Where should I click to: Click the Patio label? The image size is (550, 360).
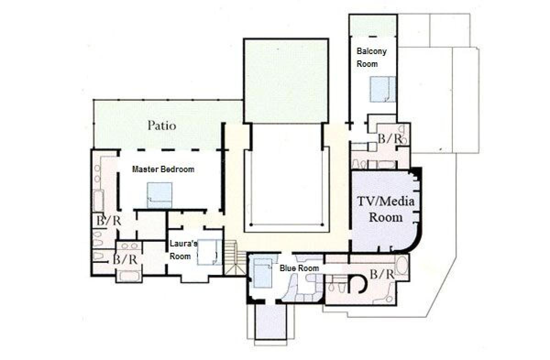click(x=162, y=125)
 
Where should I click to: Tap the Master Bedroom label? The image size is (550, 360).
click(x=163, y=169)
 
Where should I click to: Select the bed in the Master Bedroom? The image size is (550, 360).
click(x=159, y=195)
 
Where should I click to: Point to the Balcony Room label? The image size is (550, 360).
click(x=372, y=58)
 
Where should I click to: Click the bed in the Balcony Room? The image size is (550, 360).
click(x=383, y=89)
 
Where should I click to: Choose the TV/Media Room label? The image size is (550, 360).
click(x=386, y=209)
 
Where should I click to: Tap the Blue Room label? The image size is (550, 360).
click(x=300, y=268)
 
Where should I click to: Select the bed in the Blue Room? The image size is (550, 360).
click(x=263, y=273)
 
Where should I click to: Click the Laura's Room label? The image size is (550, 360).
click(x=184, y=250)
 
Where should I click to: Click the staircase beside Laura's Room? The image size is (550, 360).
click(x=235, y=258)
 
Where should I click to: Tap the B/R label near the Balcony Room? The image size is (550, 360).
click(x=390, y=139)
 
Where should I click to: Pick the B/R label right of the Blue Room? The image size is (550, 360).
click(x=382, y=274)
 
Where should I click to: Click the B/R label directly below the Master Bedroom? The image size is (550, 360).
click(x=109, y=221)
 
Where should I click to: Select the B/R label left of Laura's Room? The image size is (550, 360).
click(x=125, y=260)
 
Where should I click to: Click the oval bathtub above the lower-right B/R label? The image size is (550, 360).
click(x=401, y=266)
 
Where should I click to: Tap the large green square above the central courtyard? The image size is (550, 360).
click(x=286, y=81)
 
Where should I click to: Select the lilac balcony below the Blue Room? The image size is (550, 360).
click(x=271, y=322)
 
